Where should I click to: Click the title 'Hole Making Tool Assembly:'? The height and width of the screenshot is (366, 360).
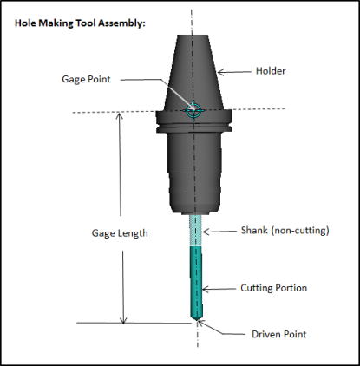80,23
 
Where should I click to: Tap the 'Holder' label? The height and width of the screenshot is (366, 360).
271,71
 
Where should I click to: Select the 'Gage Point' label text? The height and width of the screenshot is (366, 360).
86,79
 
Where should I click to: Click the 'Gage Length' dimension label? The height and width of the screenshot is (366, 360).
120,233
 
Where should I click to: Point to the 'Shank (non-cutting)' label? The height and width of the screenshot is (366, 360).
285,231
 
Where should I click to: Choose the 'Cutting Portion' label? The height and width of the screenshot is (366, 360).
274,288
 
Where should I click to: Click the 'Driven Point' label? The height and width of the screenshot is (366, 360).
279,334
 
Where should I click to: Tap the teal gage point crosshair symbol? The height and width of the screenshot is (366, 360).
193,110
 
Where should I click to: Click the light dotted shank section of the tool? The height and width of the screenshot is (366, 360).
195,230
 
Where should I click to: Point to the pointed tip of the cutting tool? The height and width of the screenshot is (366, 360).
197,320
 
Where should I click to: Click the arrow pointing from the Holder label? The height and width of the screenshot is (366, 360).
234,72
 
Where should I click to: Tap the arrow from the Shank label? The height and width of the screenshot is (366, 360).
219,232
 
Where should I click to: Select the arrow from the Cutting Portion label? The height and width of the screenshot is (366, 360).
219,289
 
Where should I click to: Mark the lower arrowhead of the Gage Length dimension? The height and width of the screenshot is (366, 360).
123,319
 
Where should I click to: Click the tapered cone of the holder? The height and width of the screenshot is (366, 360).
193,72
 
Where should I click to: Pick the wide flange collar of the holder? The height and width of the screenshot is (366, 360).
193,121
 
